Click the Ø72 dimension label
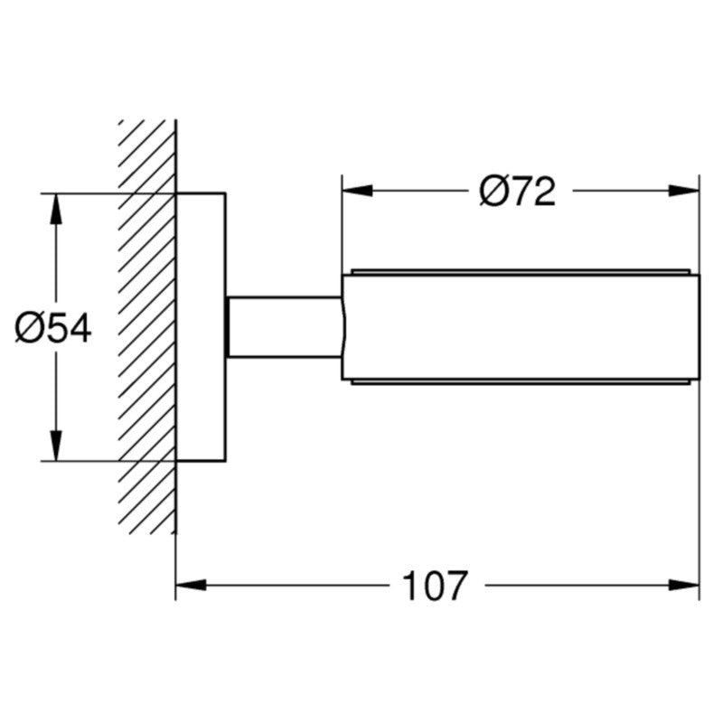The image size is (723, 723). tap(517, 191)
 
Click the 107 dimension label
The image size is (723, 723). tap(435, 586)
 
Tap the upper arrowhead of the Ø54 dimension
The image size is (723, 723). tap(56, 209)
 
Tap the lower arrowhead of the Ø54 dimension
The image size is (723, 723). tap(56, 446)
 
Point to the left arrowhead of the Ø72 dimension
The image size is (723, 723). tap(357, 191)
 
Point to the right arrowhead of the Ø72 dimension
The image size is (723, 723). tap(684, 191)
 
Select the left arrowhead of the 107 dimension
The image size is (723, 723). tap(191, 585)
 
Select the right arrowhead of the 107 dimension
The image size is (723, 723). tap(684, 585)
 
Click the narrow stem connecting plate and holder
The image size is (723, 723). tap(285, 327)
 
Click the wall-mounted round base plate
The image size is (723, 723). tap(201, 327)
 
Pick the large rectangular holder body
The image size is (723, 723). tap(521, 327)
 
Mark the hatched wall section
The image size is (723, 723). tap(146, 326)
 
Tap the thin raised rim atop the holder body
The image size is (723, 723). tap(521, 272)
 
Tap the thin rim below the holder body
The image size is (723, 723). tap(521, 382)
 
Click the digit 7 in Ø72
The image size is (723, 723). tap(521, 191)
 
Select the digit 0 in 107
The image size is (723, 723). tap(436, 586)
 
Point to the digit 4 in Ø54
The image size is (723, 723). tap(80, 328)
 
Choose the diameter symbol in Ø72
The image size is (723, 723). tap(493, 192)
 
